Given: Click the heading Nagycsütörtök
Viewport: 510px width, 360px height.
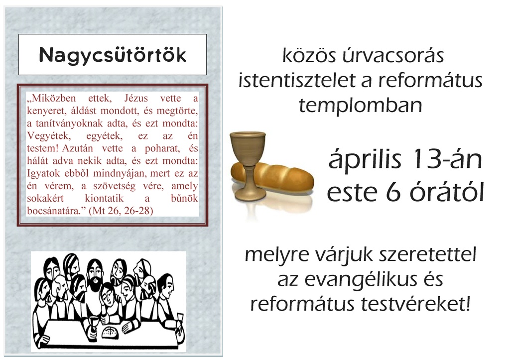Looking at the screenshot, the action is pos(113,55).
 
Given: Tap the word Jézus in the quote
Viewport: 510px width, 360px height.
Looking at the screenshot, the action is pos(136,98).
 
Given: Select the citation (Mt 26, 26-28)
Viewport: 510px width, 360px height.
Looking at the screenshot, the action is pos(121,211).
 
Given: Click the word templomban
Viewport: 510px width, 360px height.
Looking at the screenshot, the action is pos(361,106).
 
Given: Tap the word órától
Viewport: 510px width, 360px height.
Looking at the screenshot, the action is pos(447,192).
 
